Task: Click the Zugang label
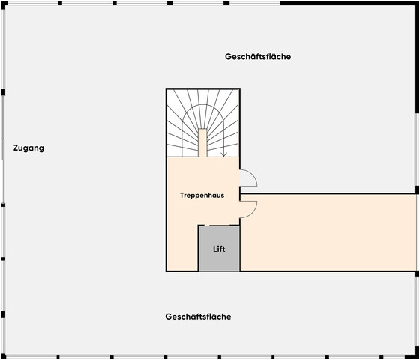(x=28, y=148)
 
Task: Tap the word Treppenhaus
(x=202, y=196)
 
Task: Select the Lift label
(x=219, y=249)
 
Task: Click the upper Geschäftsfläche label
(x=258, y=57)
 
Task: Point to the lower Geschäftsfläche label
(x=198, y=316)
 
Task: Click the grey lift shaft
(x=219, y=248)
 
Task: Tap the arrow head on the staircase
(x=224, y=154)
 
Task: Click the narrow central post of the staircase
(x=202, y=143)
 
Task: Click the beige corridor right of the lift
(x=328, y=232)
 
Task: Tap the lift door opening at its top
(x=220, y=226)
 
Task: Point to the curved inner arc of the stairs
(x=202, y=105)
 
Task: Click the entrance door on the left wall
(x=3, y=149)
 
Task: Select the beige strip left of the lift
(x=182, y=247)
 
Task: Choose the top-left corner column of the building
(x=3, y=4)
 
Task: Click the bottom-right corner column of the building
(x=416, y=356)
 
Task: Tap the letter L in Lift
(x=215, y=249)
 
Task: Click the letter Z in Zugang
(x=16, y=148)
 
